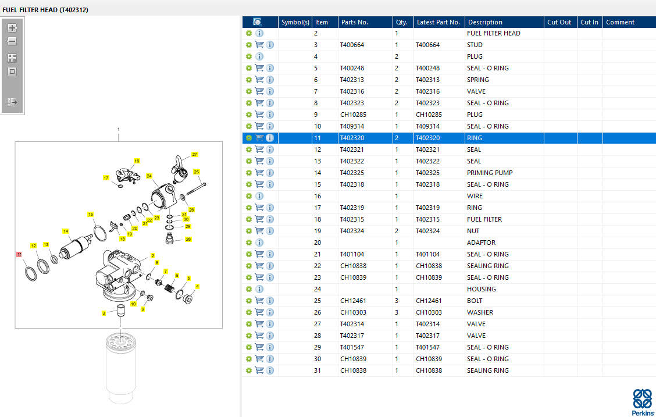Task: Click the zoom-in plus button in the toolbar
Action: tap(12, 28)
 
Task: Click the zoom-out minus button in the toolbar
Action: tap(12, 41)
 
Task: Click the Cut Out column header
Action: tap(559, 22)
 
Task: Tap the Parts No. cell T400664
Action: tap(352, 45)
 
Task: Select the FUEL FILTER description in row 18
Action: tap(484, 219)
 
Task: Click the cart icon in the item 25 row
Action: tap(259, 300)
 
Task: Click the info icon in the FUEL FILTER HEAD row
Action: tap(259, 33)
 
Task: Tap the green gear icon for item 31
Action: tap(249, 370)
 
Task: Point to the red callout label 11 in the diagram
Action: tap(19, 254)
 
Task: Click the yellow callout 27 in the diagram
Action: tap(195, 154)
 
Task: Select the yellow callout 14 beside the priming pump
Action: tap(65, 231)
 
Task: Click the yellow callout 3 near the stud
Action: tap(104, 313)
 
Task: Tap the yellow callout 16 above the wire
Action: tap(137, 161)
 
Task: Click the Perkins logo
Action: tap(643, 402)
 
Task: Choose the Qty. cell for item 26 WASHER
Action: tap(396, 312)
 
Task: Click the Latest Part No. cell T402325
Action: tap(427, 173)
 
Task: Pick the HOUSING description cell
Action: tap(481, 289)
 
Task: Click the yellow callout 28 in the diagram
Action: tap(188, 239)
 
